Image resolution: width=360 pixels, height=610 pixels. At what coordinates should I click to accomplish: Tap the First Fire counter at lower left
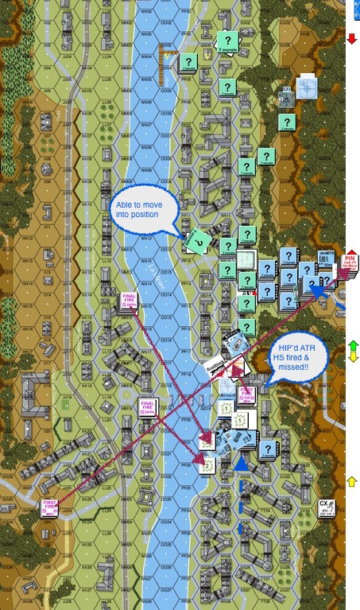pyautogui.click(x=52, y=507)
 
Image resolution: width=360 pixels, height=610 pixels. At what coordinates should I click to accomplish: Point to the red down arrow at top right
pyautogui.click(x=351, y=37)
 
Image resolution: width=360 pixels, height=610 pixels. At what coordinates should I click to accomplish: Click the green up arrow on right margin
pyautogui.click(x=353, y=345)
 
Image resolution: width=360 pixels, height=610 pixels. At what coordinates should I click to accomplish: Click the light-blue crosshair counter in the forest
pyautogui.click(x=307, y=87)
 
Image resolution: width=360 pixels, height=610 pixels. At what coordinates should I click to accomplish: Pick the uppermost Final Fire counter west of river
pyautogui.click(x=130, y=301)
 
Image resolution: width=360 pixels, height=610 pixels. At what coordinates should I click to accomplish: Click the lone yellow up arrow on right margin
pyautogui.click(x=353, y=481)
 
